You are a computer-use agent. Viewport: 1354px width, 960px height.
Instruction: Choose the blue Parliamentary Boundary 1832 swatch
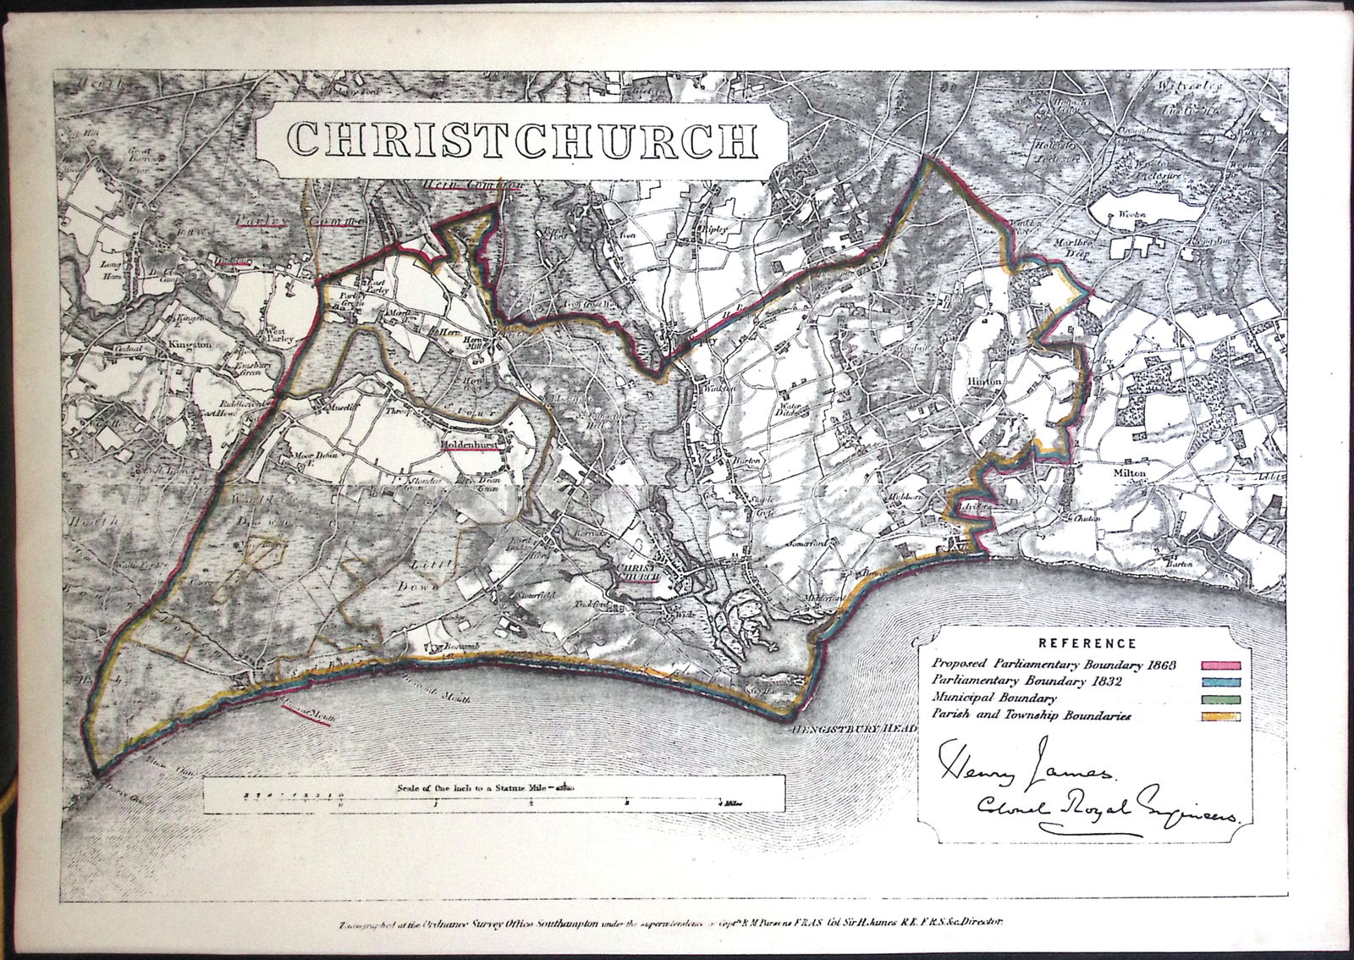click(1220, 681)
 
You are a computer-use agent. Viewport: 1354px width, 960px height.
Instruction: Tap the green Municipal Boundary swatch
click(1220, 699)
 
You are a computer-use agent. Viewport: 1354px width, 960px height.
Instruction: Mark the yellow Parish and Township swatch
click(1220, 717)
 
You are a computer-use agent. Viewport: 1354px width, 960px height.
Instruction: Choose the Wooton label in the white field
click(1132, 215)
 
